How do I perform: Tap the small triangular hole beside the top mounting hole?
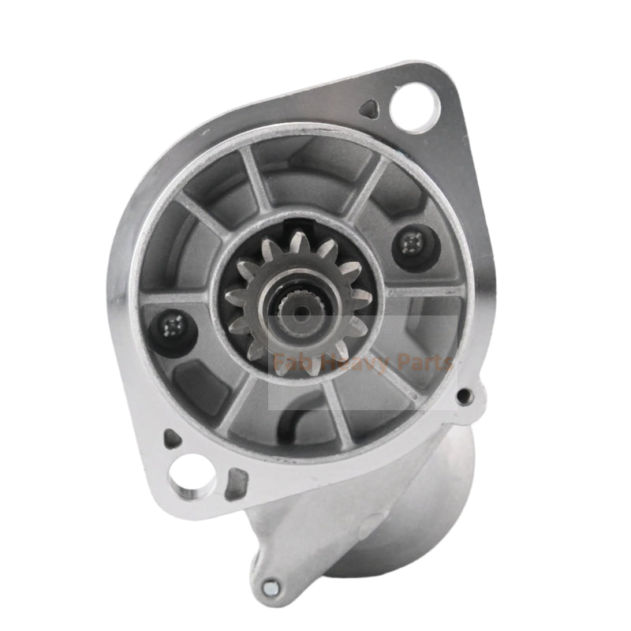[368, 108]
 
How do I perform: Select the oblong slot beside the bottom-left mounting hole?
[234, 484]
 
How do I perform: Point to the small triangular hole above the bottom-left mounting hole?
[171, 438]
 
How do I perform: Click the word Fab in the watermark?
[289, 364]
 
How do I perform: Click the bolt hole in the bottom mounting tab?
[271, 586]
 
